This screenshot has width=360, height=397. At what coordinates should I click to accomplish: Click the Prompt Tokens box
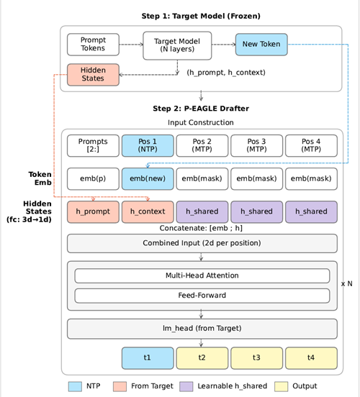(x=93, y=45)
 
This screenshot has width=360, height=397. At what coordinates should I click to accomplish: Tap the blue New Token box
(x=261, y=45)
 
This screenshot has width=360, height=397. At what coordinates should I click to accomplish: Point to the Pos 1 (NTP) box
(x=148, y=145)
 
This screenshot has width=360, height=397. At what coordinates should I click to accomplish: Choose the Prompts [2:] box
(x=93, y=145)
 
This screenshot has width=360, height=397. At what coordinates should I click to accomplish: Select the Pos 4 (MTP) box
(x=311, y=145)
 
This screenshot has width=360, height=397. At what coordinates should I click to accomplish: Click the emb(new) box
(x=148, y=179)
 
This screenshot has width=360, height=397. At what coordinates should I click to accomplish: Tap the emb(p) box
(x=93, y=179)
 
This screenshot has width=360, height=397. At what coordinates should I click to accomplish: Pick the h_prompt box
(x=93, y=211)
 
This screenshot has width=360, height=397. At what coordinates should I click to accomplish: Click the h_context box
(x=148, y=211)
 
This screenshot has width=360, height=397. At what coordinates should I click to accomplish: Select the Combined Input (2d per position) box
(x=202, y=243)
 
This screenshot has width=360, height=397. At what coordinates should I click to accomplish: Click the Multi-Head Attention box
(x=202, y=275)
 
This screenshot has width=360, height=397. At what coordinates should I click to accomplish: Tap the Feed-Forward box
(x=202, y=295)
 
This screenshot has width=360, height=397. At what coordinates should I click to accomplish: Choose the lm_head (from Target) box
(x=202, y=328)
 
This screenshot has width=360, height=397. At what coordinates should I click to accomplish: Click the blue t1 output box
(x=148, y=357)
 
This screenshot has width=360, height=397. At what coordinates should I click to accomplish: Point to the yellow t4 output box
(x=311, y=357)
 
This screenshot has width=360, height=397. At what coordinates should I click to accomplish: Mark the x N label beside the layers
(x=347, y=284)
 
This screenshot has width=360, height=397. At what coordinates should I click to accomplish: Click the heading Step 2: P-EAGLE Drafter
(x=201, y=109)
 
